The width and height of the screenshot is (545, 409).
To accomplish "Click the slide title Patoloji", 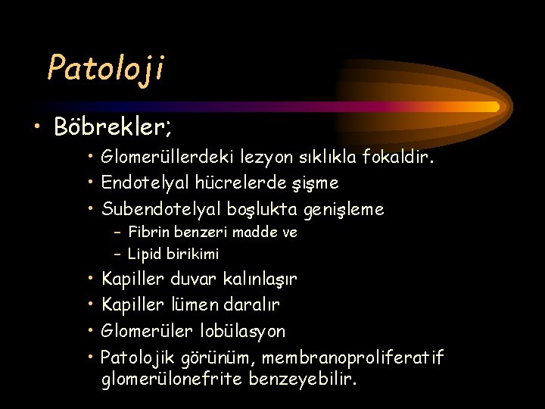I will point(105,68).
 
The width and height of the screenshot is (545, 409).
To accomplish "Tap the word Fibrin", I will point(148,232).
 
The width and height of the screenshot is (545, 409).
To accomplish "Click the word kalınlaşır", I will point(260,279).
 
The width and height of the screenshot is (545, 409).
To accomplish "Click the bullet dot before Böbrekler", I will point(39,126).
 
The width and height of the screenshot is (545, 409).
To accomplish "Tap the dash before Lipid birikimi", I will point(118,254).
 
